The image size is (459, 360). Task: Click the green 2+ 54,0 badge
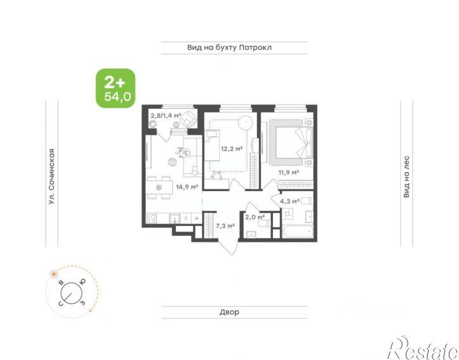click(x=115, y=88)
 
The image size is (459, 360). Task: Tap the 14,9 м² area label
click(x=187, y=187)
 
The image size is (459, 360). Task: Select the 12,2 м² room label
click(x=231, y=149)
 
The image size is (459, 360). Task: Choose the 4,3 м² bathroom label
click(x=290, y=201)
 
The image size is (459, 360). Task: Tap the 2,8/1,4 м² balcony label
click(x=165, y=116)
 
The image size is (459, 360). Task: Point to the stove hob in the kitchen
click(x=152, y=219)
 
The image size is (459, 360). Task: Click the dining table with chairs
click(x=159, y=187)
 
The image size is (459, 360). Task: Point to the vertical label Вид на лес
click(x=407, y=177)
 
